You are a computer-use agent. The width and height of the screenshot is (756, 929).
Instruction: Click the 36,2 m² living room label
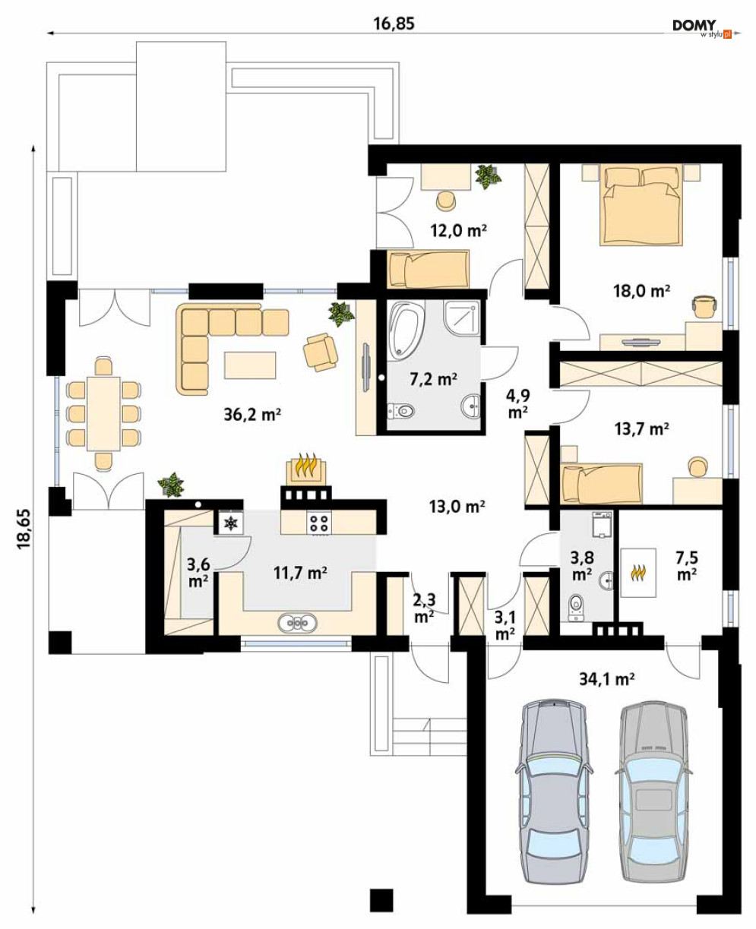click(x=252, y=414)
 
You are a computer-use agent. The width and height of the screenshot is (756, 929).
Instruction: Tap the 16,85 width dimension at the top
click(x=394, y=24)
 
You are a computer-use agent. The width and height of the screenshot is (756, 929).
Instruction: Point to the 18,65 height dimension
click(x=24, y=528)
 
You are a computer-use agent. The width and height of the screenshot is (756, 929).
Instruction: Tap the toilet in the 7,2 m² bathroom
click(x=401, y=410)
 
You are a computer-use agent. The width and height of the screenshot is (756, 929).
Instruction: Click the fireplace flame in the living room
click(x=305, y=465)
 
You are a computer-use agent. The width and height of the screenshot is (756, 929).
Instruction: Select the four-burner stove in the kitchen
click(x=319, y=523)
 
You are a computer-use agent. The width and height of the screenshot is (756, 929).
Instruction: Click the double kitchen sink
click(x=297, y=623)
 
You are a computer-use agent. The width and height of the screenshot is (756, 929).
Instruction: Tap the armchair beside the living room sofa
click(x=321, y=351)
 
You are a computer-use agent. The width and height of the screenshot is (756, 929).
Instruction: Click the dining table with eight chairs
click(x=103, y=413)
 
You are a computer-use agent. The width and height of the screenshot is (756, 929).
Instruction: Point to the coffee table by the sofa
click(x=250, y=365)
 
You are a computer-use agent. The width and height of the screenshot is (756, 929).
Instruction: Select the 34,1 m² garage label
click(x=606, y=678)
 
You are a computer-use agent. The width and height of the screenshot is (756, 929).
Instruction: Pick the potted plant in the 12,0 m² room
click(x=488, y=175)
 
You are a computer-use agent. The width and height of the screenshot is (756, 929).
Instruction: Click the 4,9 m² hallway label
click(x=518, y=403)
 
